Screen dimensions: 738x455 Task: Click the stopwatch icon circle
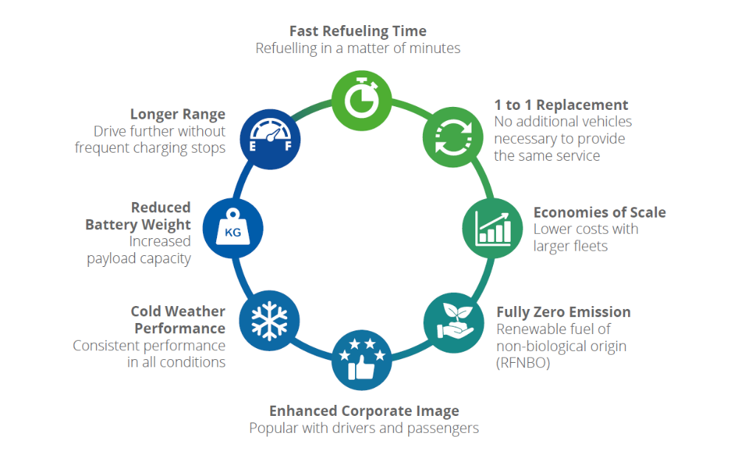point(362,101)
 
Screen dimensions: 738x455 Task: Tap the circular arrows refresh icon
point(453,137)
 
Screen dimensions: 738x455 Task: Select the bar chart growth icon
point(492,228)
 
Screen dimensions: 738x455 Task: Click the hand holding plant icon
point(454,323)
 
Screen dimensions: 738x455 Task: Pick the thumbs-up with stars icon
point(362,360)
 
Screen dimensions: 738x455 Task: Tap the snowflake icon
point(269,321)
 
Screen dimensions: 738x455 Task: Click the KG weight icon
point(233,228)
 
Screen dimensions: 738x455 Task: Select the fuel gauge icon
point(270,139)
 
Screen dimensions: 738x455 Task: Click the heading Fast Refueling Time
point(358,31)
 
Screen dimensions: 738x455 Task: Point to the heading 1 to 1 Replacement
point(561,105)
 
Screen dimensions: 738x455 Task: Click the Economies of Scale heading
point(599,212)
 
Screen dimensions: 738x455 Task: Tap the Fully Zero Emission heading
point(563,312)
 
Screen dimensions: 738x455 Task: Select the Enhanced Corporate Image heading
point(364,411)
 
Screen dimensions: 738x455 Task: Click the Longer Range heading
point(178,114)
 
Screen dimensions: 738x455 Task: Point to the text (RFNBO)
point(523,364)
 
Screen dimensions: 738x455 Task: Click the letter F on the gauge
point(288,146)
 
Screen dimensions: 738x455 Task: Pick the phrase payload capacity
point(139,259)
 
